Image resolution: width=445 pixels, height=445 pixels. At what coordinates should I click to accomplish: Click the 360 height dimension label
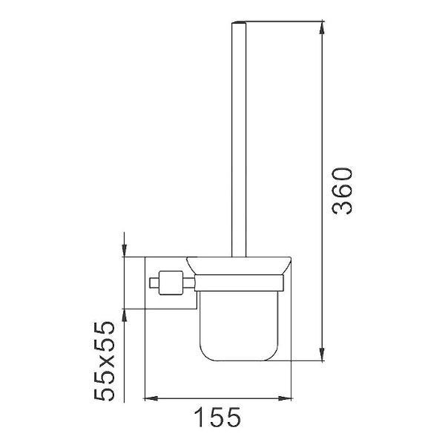click(343, 191)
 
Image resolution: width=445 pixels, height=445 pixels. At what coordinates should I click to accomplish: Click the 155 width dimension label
click(217, 417)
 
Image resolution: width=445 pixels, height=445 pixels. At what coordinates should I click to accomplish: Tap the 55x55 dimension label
click(105, 361)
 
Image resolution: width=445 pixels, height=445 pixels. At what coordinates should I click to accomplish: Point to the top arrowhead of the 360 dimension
click(322, 27)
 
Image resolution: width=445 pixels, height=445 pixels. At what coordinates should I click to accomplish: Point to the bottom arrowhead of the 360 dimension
click(322, 355)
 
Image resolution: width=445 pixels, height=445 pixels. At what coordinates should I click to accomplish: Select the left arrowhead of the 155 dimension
click(151, 398)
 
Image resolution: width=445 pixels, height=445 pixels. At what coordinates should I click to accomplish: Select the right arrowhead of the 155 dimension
click(285, 398)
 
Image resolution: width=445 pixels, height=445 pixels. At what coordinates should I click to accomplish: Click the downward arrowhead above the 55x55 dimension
click(124, 251)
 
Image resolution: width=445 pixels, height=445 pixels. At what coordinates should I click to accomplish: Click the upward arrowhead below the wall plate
click(124, 315)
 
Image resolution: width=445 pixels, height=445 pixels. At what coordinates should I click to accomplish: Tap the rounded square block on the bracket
click(171, 283)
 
